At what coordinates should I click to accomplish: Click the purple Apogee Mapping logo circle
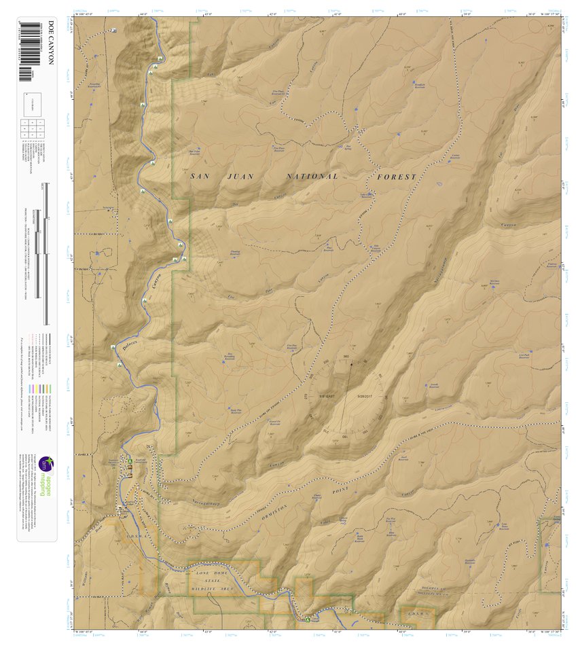pos(45,465)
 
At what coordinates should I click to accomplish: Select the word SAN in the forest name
pos(200,176)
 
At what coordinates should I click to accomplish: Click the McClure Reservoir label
pos(494,283)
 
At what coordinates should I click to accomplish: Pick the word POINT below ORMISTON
pos(340,488)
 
